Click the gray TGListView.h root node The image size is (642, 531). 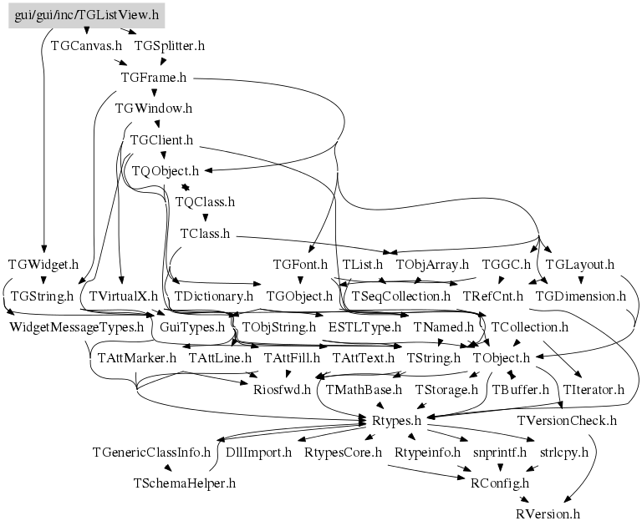86,15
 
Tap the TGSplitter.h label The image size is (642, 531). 169,46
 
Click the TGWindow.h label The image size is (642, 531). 154,108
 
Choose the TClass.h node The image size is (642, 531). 205,233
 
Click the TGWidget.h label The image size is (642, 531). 43,265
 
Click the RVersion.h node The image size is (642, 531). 548,514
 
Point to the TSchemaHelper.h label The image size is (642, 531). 185,483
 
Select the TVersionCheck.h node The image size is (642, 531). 567,421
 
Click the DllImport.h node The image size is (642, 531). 259,452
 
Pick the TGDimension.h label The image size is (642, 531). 580,296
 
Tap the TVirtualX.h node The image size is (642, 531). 123,296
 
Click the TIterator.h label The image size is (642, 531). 594,389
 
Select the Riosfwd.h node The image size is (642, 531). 281,389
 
